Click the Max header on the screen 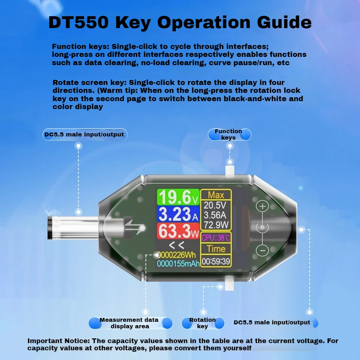(216, 195)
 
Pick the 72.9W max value (216, 225)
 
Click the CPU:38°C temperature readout (216, 238)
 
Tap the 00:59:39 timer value (216, 261)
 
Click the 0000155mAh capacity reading (178, 264)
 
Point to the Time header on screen (216, 249)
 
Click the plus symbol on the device (263, 206)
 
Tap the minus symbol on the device (263, 250)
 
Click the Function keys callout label (229, 134)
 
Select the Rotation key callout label (202, 323)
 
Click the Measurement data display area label (129, 323)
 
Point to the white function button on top (230, 171)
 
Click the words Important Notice (58, 341)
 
